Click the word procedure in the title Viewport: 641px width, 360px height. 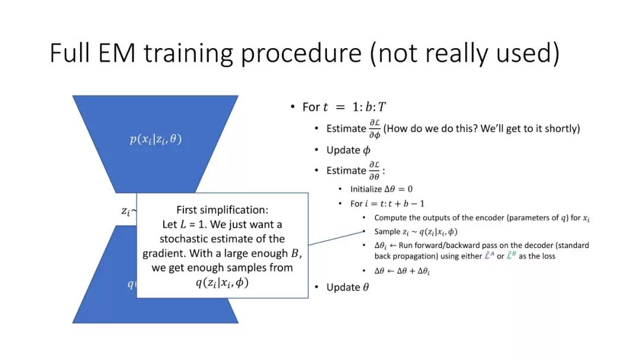click(x=302, y=54)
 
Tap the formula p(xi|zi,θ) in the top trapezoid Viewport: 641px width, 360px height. click(x=156, y=139)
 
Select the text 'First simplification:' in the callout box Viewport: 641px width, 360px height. click(x=223, y=209)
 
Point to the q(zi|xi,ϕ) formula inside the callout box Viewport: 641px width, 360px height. click(x=222, y=282)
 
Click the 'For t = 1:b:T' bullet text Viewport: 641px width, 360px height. click(x=344, y=107)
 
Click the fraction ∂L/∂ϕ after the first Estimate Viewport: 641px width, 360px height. click(x=375, y=129)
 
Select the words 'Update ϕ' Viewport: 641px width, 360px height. click(x=348, y=150)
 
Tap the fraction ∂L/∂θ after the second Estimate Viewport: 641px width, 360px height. click(x=374, y=170)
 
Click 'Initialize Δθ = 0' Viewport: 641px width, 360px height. click(x=382, y=189)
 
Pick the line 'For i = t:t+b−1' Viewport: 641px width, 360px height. click(x=387, y=203)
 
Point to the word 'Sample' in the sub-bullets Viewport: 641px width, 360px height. click(x=387, y=232)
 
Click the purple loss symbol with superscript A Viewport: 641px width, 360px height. click(x=489, y=256)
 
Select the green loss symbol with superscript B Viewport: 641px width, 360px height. click(x=511, y=256)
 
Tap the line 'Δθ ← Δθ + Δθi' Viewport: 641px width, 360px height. click(x=402, y=271)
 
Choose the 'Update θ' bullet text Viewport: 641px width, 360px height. click(x=347, y=287)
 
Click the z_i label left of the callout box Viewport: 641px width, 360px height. click(x=126, y=211)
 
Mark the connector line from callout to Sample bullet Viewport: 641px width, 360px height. click(x=336, y=238)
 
